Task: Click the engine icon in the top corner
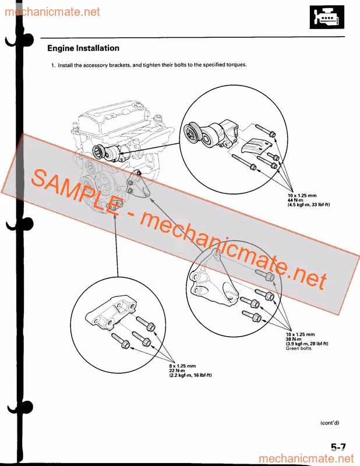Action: [x=327, y=17]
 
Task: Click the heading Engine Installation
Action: [x=83, y=48]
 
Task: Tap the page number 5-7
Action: [x=338, y=447]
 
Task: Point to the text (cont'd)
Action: [x=330, y=423]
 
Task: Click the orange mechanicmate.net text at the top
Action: [x=52, y=12]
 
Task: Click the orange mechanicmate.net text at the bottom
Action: [x=306, y=458]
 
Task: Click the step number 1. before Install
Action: [x=53, y=65]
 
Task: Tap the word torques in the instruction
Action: [x=237, y=65]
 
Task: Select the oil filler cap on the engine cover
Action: [x=137, y=106]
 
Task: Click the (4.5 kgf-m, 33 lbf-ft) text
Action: [x=309, y=205]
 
